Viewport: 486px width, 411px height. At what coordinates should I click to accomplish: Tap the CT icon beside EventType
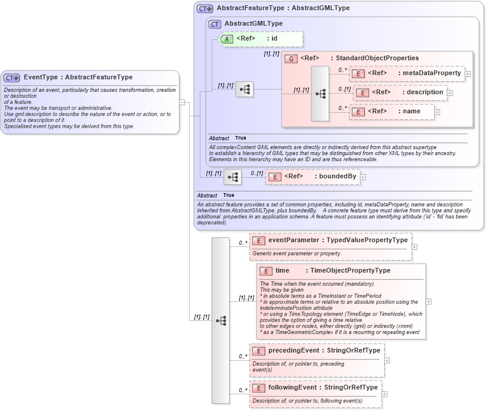point(12,78)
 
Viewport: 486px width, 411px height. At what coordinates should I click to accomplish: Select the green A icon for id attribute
point(227,39)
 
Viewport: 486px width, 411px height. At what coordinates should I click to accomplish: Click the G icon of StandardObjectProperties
point(291,58)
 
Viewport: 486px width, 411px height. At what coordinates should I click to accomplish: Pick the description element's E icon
point(362,92)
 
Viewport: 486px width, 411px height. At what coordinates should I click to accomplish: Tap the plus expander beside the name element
point(437,112)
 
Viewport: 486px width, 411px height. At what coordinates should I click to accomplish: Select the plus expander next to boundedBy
point(363,177)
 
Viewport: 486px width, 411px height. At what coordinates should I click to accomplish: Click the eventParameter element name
point(293,240)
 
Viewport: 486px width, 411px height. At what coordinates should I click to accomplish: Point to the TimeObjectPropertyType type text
point(350,270)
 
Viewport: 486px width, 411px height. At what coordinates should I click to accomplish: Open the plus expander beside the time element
point(429,301)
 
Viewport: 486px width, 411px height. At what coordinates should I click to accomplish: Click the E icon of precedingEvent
point(259,351)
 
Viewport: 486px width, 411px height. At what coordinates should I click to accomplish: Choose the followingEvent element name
point(292,387)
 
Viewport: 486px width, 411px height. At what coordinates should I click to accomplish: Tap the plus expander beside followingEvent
point(384,394)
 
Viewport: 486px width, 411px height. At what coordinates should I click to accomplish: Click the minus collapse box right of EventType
point(182,102)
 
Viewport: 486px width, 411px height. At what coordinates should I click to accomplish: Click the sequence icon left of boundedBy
point(233,177)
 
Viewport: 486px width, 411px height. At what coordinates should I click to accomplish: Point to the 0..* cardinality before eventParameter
point(243,243)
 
